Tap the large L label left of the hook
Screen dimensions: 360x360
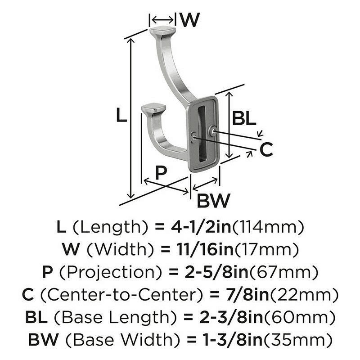point(121,115)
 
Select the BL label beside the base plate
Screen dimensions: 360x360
point(243,118)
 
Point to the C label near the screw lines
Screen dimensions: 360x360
point(266,149)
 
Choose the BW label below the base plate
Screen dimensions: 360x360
point(213,200)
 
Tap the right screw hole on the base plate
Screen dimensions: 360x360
point(213,131)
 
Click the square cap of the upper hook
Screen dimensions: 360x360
point(163,31)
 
